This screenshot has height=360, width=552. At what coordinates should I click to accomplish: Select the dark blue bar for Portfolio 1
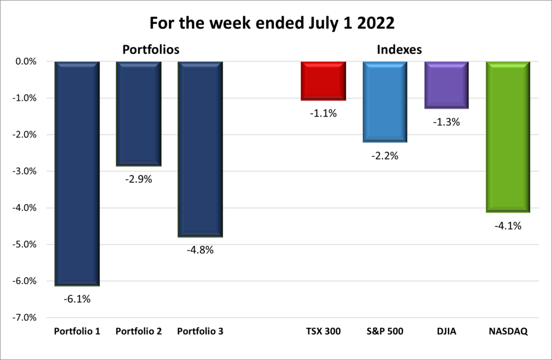click(x=77, y=172)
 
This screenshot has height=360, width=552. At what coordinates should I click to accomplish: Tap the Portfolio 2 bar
click(x=139, y=113)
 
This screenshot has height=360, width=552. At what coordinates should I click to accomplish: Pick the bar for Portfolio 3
click(x=200, y=149)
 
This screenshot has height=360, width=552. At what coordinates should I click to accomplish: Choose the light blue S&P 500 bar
click(x=385, y=101)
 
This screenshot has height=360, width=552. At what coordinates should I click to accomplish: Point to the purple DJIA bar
click(x=446, y=85)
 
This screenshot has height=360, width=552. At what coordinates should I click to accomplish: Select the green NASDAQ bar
click(x=508, y=137)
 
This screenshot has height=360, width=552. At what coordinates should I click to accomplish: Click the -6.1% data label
click(x=77, y=298)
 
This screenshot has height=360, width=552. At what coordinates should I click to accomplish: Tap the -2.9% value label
click(x=139, y=179)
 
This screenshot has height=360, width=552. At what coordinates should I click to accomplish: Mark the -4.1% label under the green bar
click(x=508, y=226)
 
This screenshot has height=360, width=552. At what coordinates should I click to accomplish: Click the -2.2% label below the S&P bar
click(x=385, y=156)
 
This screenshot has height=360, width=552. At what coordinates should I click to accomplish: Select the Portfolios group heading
click(x=151, y=50)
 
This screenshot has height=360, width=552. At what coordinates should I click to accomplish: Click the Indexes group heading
click(x=399, y=50)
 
